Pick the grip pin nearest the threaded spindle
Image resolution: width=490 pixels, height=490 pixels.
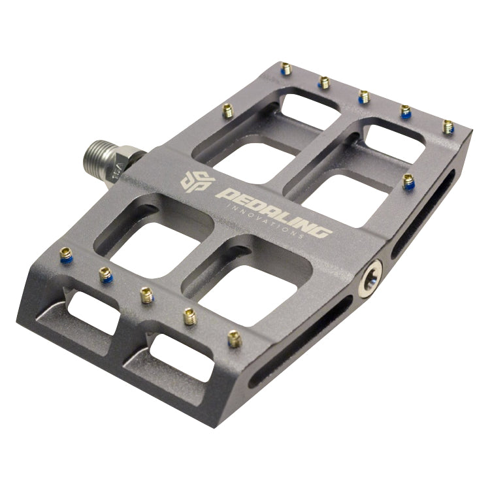point(227,111)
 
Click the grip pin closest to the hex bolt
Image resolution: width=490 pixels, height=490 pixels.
point(408,182)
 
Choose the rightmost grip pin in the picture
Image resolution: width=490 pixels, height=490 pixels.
point(448,126)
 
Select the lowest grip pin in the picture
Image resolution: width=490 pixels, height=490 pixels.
point(234,338)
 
